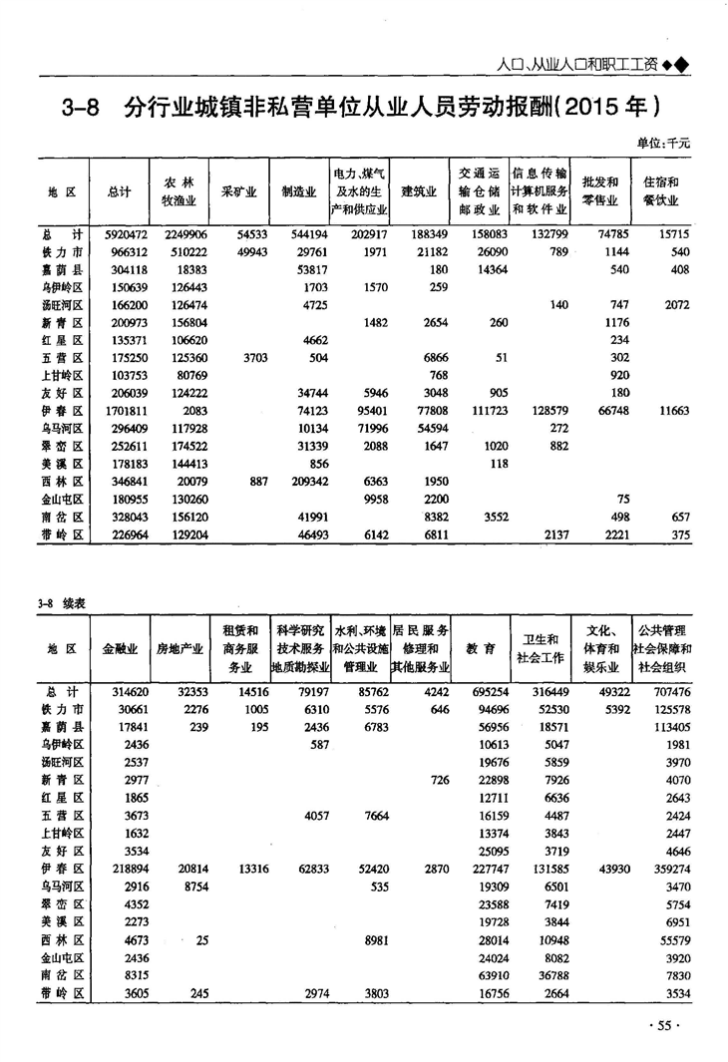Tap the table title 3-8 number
tap(79, 105)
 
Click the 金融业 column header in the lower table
tap(120, 649)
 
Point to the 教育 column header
tap(482, 649)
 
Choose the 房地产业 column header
tap(182, 649)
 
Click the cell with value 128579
tap(546, 412)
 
